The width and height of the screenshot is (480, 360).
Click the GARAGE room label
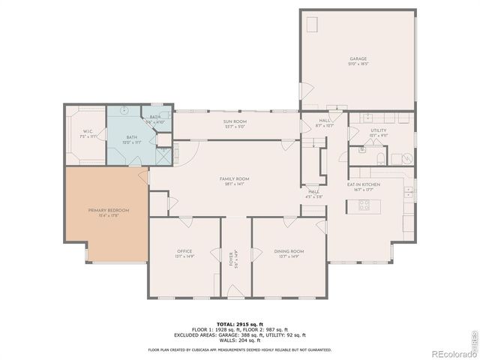(x=357, y=58)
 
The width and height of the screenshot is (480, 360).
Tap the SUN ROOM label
(x=235, y=121)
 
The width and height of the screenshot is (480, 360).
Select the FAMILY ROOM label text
(x=234, y=178)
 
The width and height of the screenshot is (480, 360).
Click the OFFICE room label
(x=184, y=251)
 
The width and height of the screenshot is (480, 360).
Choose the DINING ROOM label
(x=289, y=251)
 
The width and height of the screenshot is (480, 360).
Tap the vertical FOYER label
(x=232, y=259)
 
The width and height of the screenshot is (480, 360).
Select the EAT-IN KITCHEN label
(x=363, y=184)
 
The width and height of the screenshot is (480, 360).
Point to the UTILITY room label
(x=377, y=130)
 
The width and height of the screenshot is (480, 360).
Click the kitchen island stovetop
(x=364, y=204)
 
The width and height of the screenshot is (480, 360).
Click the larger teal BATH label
(x=131, y=137)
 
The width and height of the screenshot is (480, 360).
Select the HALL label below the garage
(x=324, y=120)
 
